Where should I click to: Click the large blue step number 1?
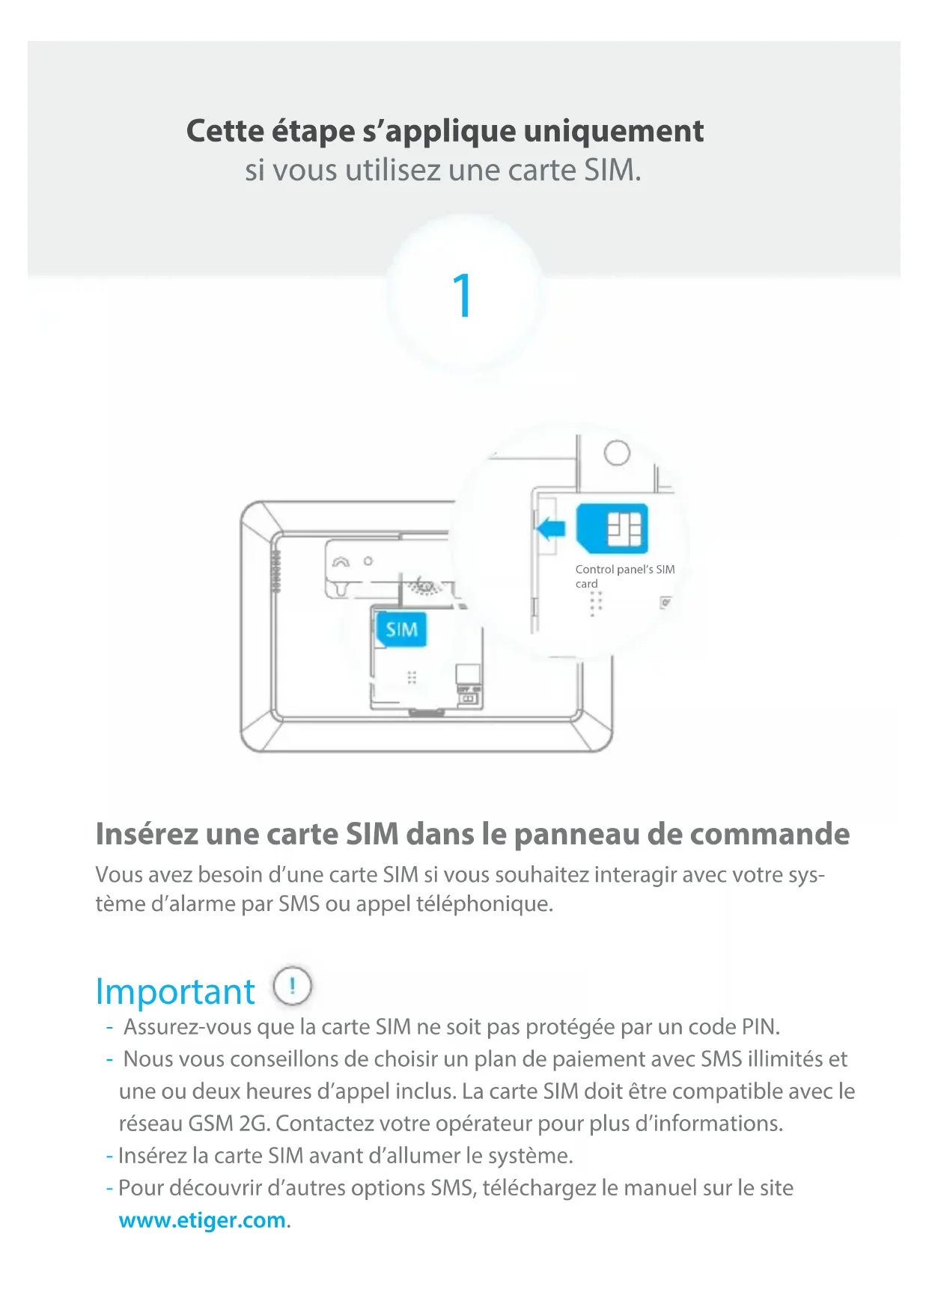(x=463, y=295)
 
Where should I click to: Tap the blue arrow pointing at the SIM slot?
(x=551, y=528)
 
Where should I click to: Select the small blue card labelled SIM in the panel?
(x=401, y=630)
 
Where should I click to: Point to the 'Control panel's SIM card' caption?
(x=625, y=576)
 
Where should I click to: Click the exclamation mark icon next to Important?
(x=292, y=986)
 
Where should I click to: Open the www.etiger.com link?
(x=202, y=1220)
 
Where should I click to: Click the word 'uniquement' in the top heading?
(x=613, y=131)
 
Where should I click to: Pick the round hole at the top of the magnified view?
(x=617, y=453)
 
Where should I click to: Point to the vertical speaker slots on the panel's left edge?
(x=275, y=571)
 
